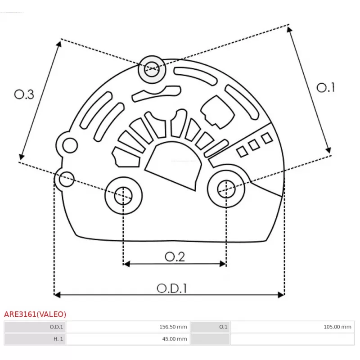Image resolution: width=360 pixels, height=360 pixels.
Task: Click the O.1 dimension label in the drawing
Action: (x=326, y=87)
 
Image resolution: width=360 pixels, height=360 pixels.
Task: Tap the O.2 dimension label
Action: (x=175, y=256)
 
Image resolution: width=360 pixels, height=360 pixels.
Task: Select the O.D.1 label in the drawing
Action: (x=172, y=288)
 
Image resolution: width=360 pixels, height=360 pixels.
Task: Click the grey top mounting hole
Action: (x=152, y=69)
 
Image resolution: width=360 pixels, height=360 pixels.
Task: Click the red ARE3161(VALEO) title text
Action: (x=35, y=314)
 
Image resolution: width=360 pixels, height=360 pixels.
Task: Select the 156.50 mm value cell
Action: (x=128, y=327)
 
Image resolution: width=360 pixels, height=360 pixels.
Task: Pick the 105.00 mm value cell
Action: (x=291, y=327)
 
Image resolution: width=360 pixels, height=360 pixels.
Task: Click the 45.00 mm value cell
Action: (x=128, y=339)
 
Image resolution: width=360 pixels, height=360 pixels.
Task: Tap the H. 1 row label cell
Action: (x=35, y=339)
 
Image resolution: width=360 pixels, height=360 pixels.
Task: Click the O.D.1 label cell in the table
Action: (x=35, y=327)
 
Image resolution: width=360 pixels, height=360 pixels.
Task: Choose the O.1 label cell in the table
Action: (x=210, y=327)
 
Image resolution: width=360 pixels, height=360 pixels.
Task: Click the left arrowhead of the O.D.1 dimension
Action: (x=57, y=295)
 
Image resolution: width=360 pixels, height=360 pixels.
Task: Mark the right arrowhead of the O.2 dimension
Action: (x=223, y=264)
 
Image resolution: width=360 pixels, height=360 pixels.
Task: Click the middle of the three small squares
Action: (x=255, y=145)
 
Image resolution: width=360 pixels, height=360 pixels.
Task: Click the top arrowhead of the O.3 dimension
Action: (x=59, y=43)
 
